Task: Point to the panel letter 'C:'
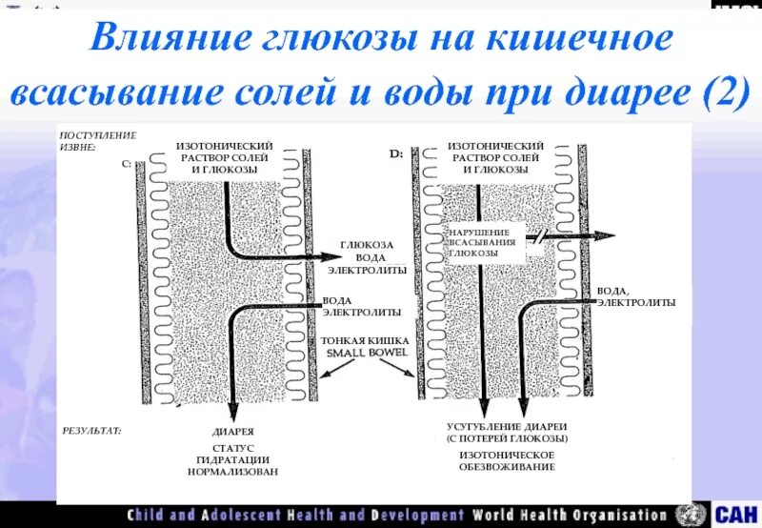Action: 127,164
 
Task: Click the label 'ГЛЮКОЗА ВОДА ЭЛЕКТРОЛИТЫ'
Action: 368,257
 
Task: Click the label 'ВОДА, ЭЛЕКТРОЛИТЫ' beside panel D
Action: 636,296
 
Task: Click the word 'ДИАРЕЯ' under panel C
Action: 232,432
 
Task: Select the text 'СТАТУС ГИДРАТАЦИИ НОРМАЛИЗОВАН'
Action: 232,459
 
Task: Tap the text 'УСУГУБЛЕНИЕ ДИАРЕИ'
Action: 507,426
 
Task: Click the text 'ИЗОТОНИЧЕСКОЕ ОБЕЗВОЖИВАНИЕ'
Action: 507,460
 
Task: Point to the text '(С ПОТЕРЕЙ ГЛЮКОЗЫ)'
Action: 507,438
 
